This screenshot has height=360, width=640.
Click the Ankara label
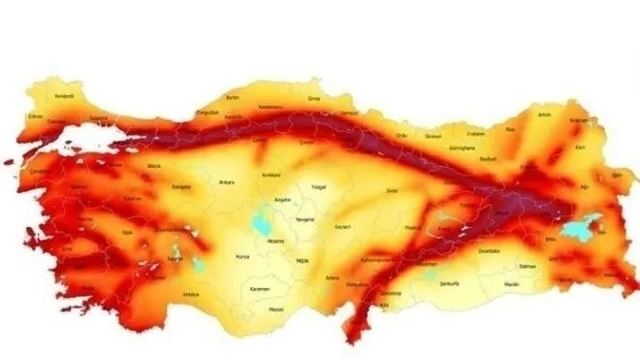tap(226, 180)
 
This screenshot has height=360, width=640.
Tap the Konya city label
tap(241, 258)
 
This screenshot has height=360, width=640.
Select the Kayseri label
tap(340, 226)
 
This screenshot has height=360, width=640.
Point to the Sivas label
tap(392, 191)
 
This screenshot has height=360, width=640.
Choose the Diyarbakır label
tap(489, 250)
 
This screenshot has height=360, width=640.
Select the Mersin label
tap(277, 311)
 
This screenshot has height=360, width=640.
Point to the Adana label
tap(333, 278)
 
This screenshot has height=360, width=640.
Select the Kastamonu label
tap(272, 106)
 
